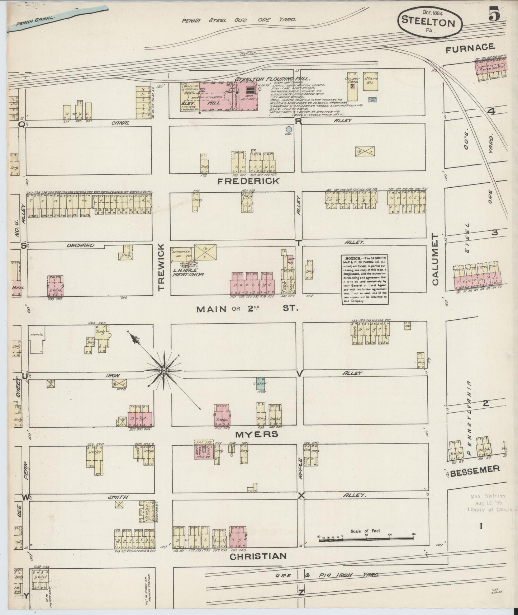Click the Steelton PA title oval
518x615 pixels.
coord(429,22)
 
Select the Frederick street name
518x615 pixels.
coord(248,181)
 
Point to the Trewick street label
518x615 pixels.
coord(161,267)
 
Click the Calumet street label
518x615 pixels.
coord(435,259)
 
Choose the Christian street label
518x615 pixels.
coord(258,556)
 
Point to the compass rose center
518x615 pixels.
coord(163,370)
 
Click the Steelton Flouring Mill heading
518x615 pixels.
coord(272,79)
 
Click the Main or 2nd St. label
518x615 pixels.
coord(247,309)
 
